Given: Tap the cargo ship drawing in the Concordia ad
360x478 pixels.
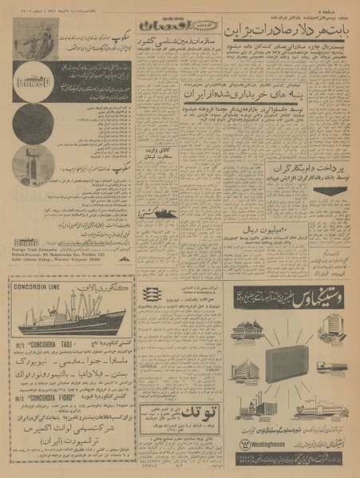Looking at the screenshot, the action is point(67,315).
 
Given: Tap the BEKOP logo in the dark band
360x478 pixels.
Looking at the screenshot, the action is point(31,77).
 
